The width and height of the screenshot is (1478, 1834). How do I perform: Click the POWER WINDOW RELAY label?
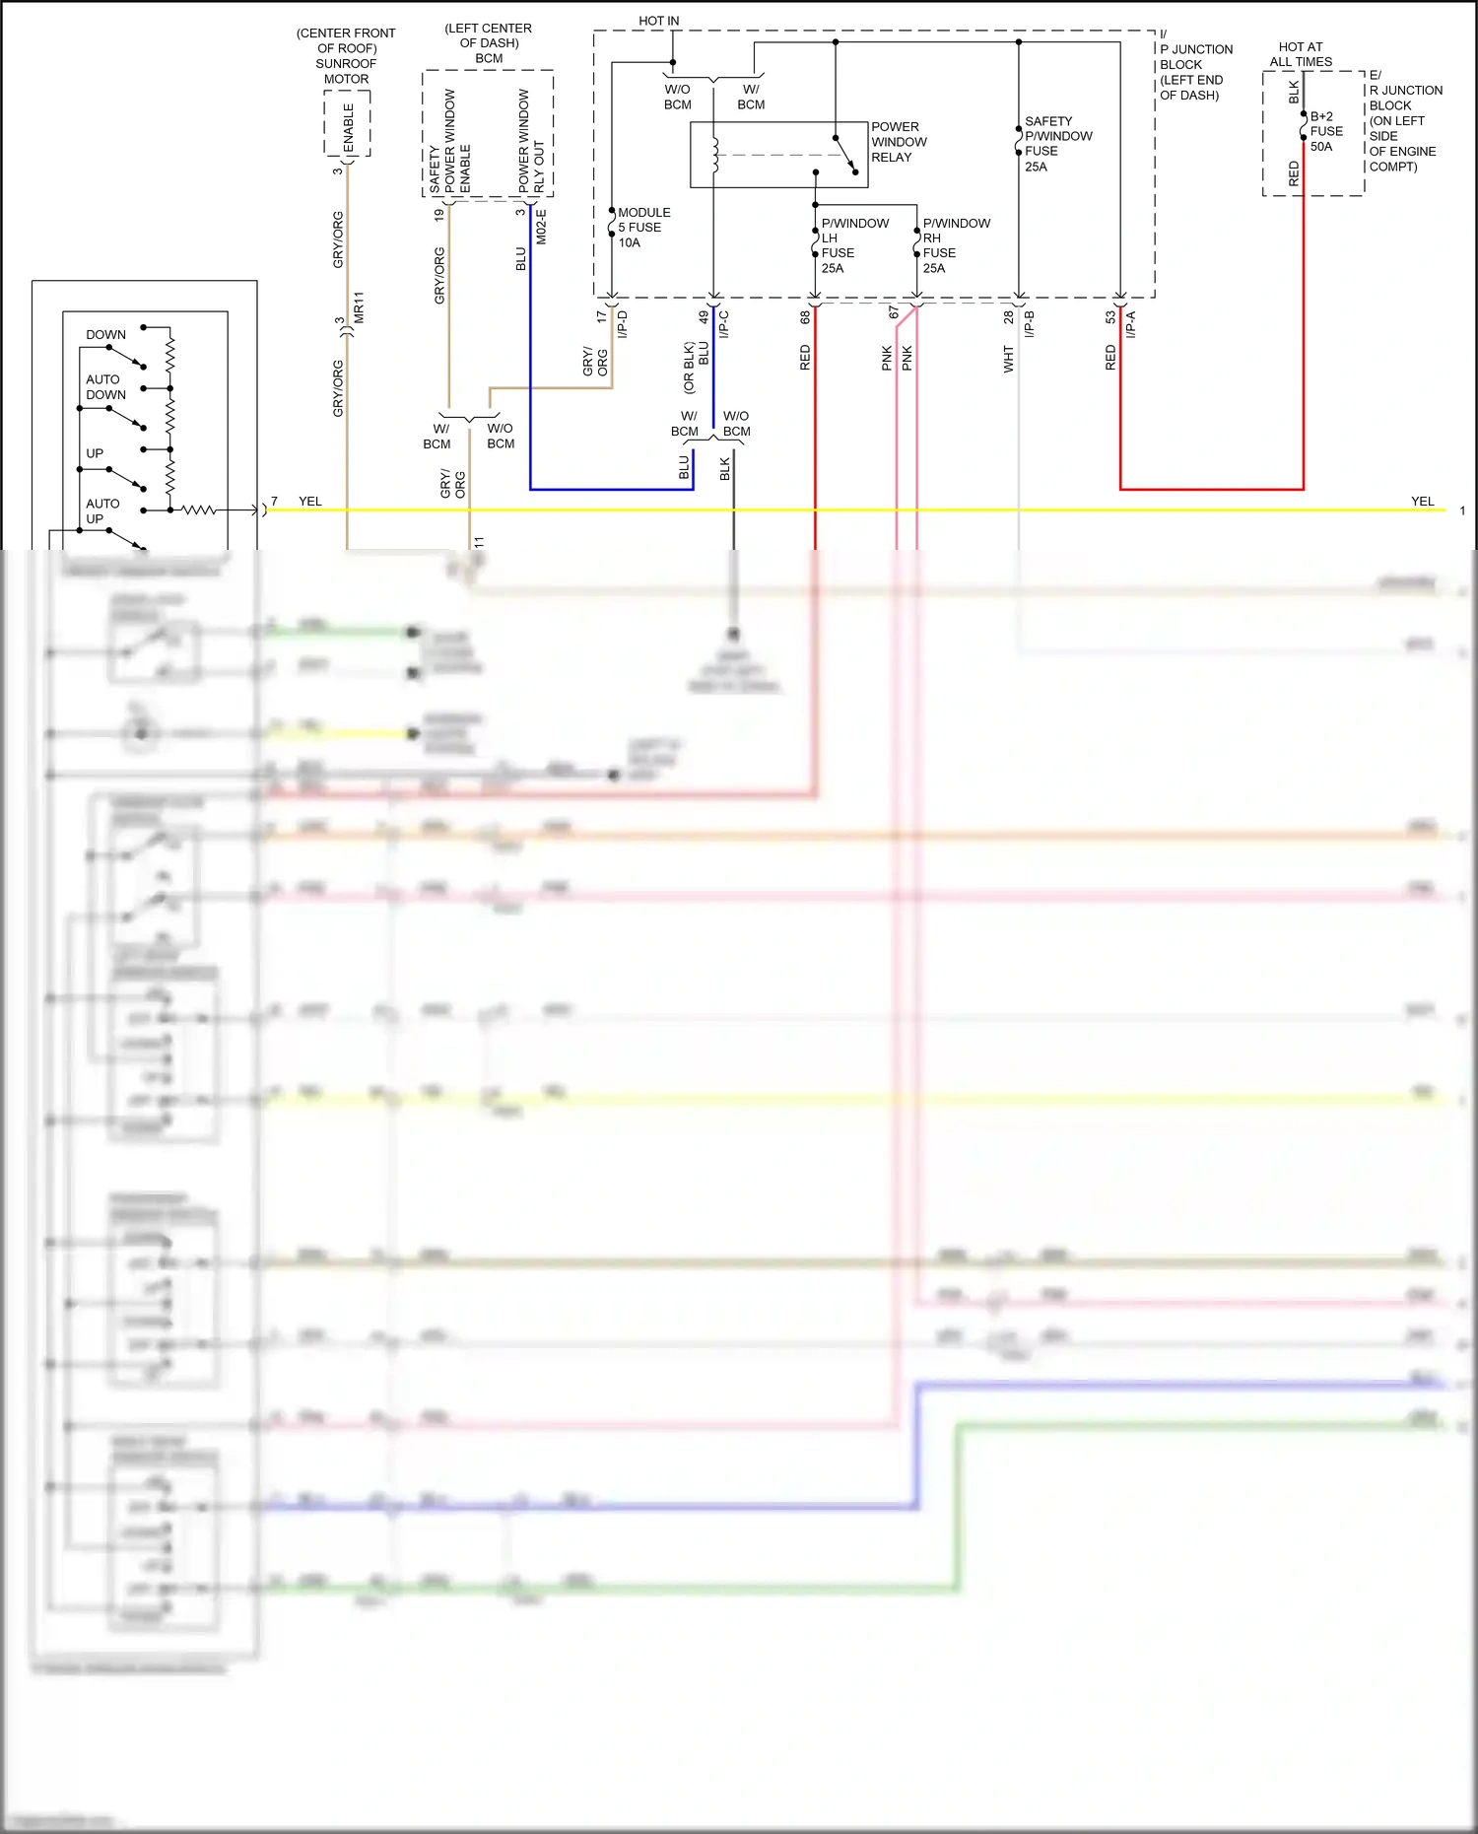click(x=898, y=142)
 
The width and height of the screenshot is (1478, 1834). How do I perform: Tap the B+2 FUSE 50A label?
click(x=1325, y=131)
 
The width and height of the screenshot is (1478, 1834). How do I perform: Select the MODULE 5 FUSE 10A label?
click(x=643, y=228)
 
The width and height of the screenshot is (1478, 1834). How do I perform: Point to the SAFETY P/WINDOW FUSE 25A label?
click(x=1057, y=144)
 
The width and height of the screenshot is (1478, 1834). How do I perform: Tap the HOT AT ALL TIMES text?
click(x=1301, y=54)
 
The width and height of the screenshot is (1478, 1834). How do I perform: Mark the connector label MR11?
click(x=360, y=307)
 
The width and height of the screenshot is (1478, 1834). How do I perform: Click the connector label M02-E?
click(x=541, y=227)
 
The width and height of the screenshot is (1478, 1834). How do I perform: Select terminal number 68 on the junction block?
click(x=805, y=317)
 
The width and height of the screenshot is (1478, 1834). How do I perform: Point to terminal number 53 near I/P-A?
click(x=1110, y=317)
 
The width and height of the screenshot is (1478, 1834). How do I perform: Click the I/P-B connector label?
click(x=1029, y=324)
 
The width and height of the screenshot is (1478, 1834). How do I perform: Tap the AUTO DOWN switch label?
click(x=104, y=387)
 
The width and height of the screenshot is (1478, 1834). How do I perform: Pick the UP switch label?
click(x=95, y=453)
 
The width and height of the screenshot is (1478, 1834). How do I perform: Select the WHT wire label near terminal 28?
click(x=1008, y=359)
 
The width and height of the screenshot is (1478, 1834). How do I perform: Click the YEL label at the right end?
click(x=1422, y=502)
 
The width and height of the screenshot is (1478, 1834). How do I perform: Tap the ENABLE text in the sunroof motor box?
click(x=349, y=127)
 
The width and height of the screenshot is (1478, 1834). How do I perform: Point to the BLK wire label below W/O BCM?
click(x=725, y=469)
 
